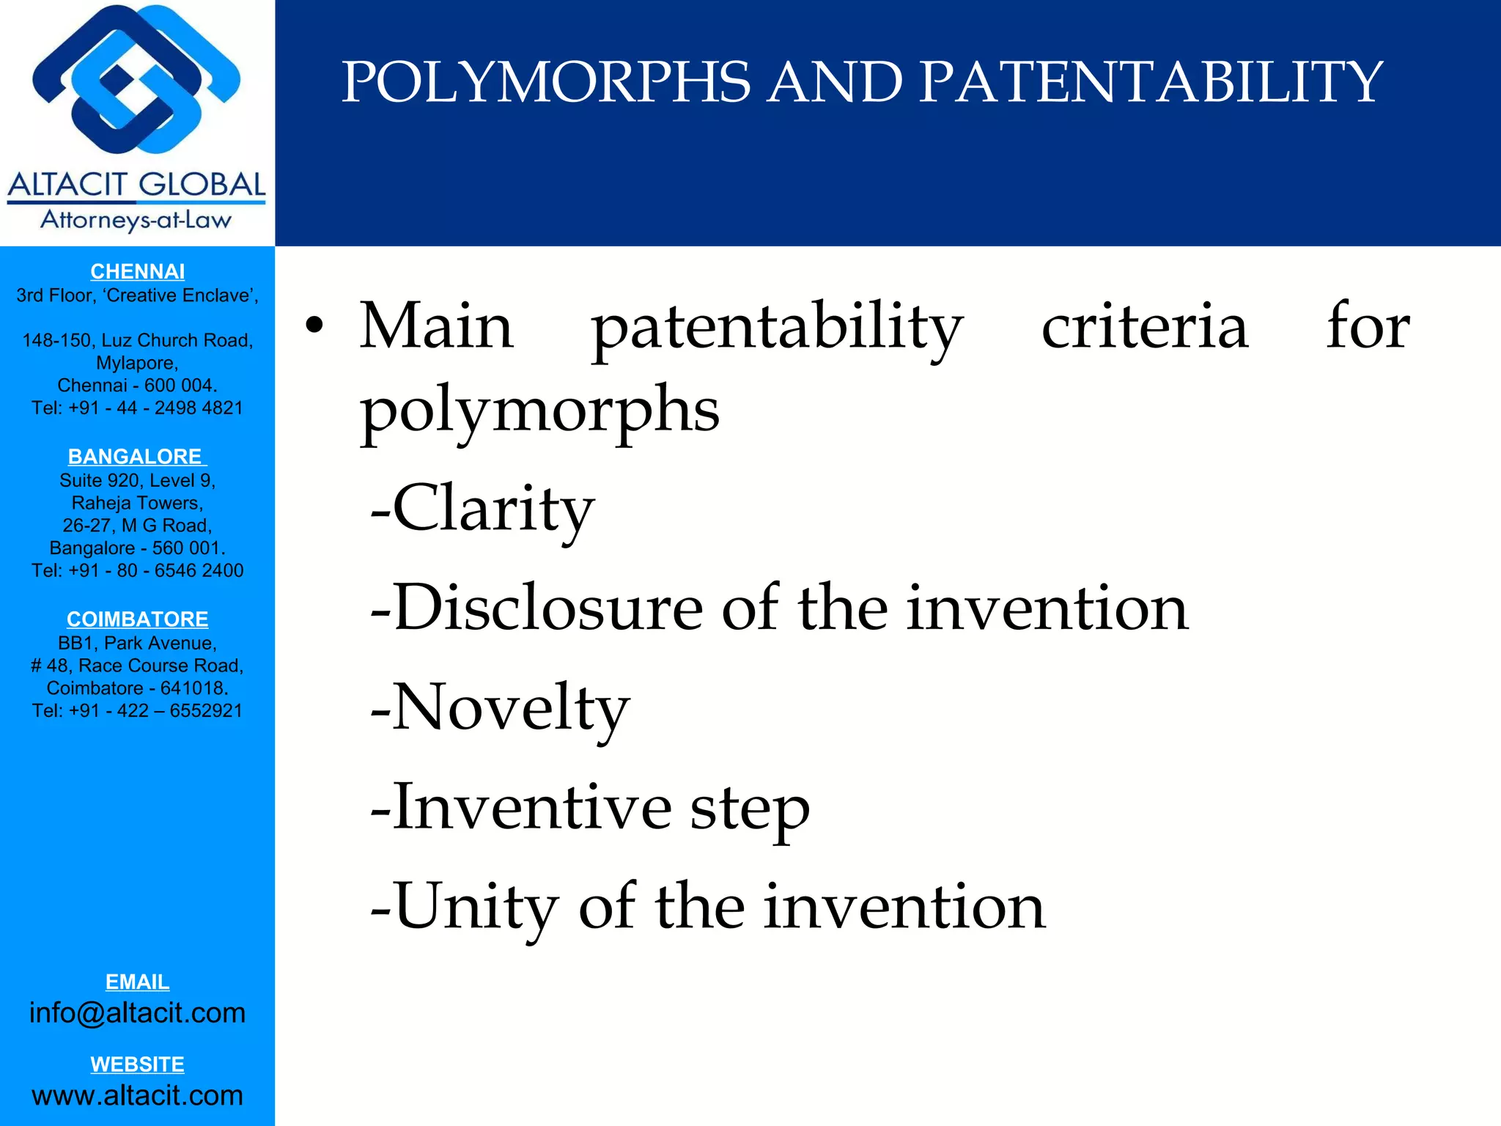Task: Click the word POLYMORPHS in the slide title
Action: tap(546, 82)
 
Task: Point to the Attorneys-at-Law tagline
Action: tap(136, 220)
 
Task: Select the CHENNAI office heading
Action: tap(137, 272)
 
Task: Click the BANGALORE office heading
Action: tap(136, 457)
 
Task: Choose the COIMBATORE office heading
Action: tap(137, 619)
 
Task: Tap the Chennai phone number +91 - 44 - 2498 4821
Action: tap(137, 408)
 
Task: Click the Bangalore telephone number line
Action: tap(137, 571)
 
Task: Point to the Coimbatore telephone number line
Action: tap(137, 711)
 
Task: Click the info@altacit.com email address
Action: tap(137, 1013)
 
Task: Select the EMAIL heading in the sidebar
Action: tap(137, 982)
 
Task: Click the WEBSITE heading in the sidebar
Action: tap(137, 1064)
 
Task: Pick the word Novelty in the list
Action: tap(510, 708)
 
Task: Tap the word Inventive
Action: tap(532, 807)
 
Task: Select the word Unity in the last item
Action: tap(476, 908)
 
